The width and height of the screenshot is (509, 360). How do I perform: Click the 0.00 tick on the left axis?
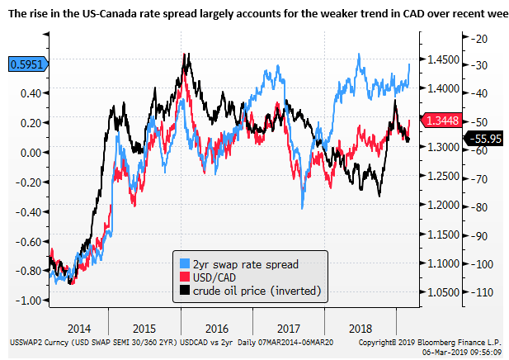tap(32, 153)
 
